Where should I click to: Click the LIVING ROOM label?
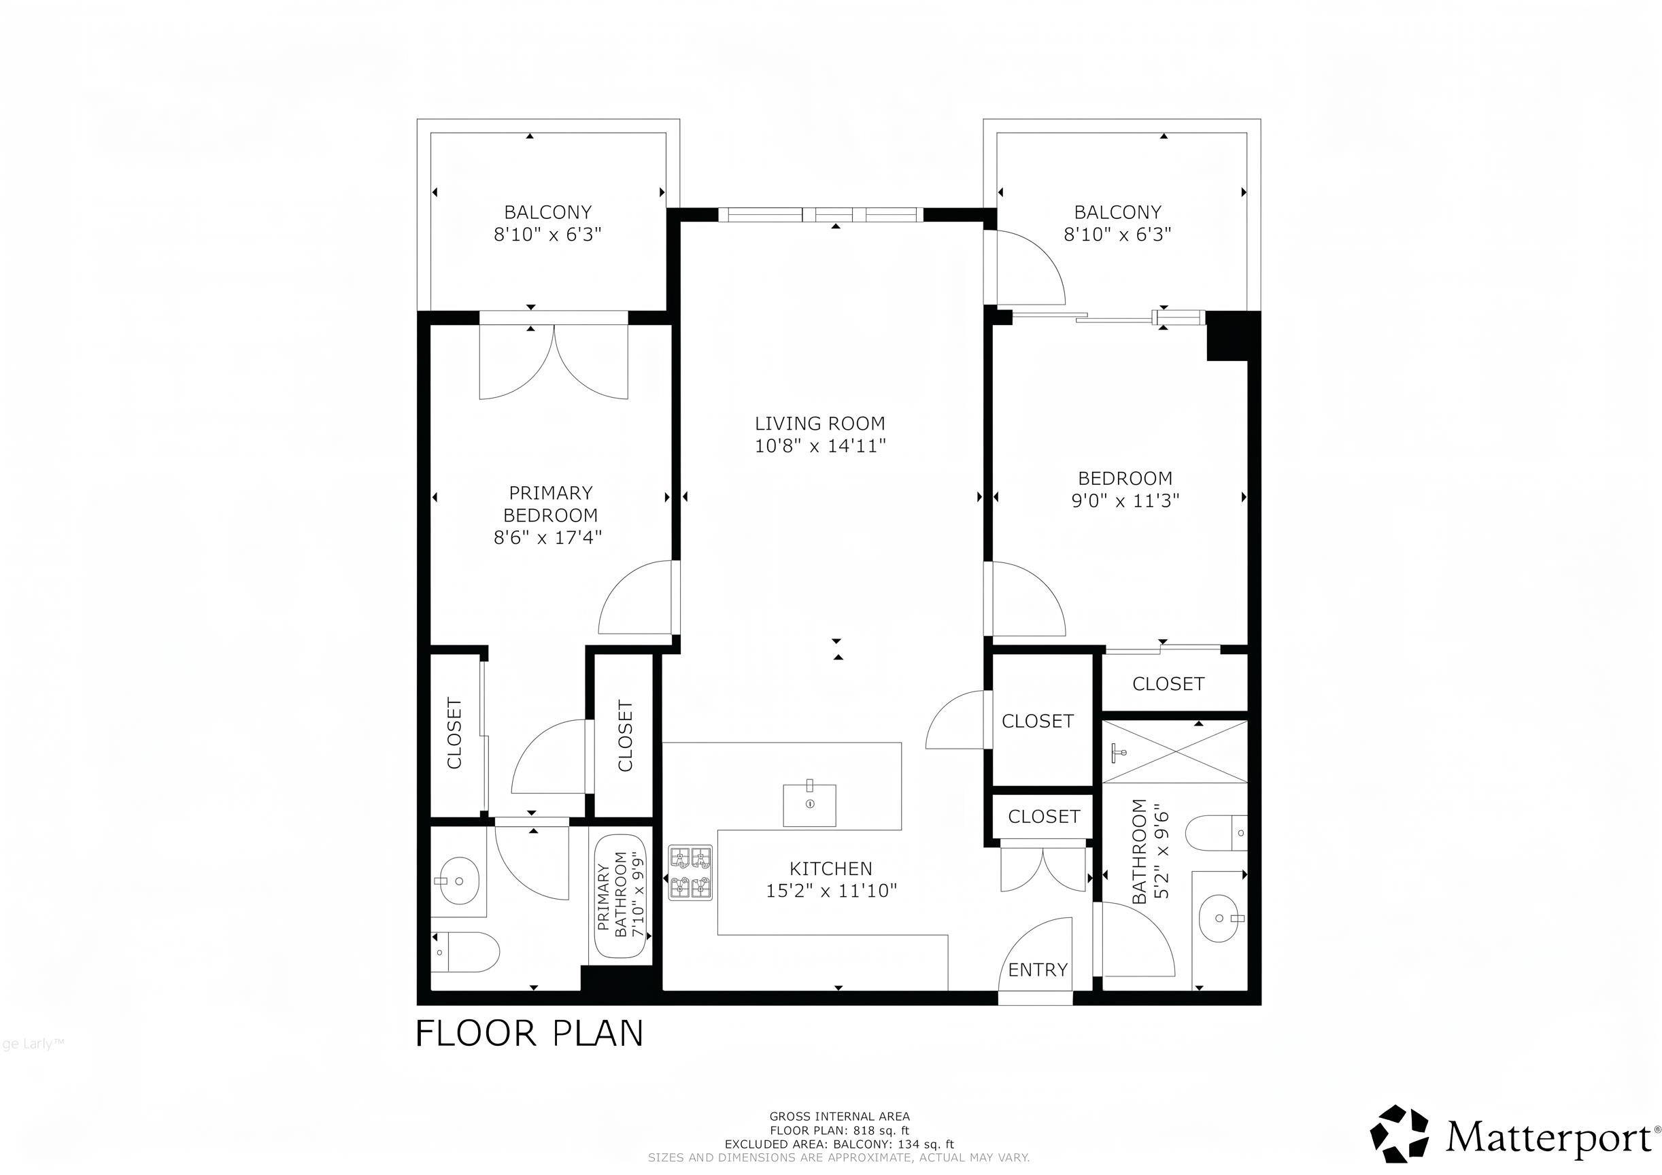(820, 424)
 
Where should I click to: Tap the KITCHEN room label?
(831, 869)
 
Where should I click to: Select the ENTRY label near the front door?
(1038, 970)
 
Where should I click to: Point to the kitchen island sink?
(809, 804)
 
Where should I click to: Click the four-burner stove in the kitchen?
(690, 873)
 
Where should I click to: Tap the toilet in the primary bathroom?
(465, 952)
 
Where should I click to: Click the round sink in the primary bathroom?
(458, 881)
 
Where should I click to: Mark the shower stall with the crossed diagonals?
(1176, 751)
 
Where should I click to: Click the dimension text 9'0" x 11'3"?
(1125, 500)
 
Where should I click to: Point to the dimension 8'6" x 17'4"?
(548, 537)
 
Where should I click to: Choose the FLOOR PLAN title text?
(530, 1033)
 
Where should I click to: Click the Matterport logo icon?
(1400, 1134)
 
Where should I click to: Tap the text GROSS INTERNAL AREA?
(840, 1117)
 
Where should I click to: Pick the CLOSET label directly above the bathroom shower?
(1168, 684)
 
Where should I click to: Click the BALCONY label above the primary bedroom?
(548, 212)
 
